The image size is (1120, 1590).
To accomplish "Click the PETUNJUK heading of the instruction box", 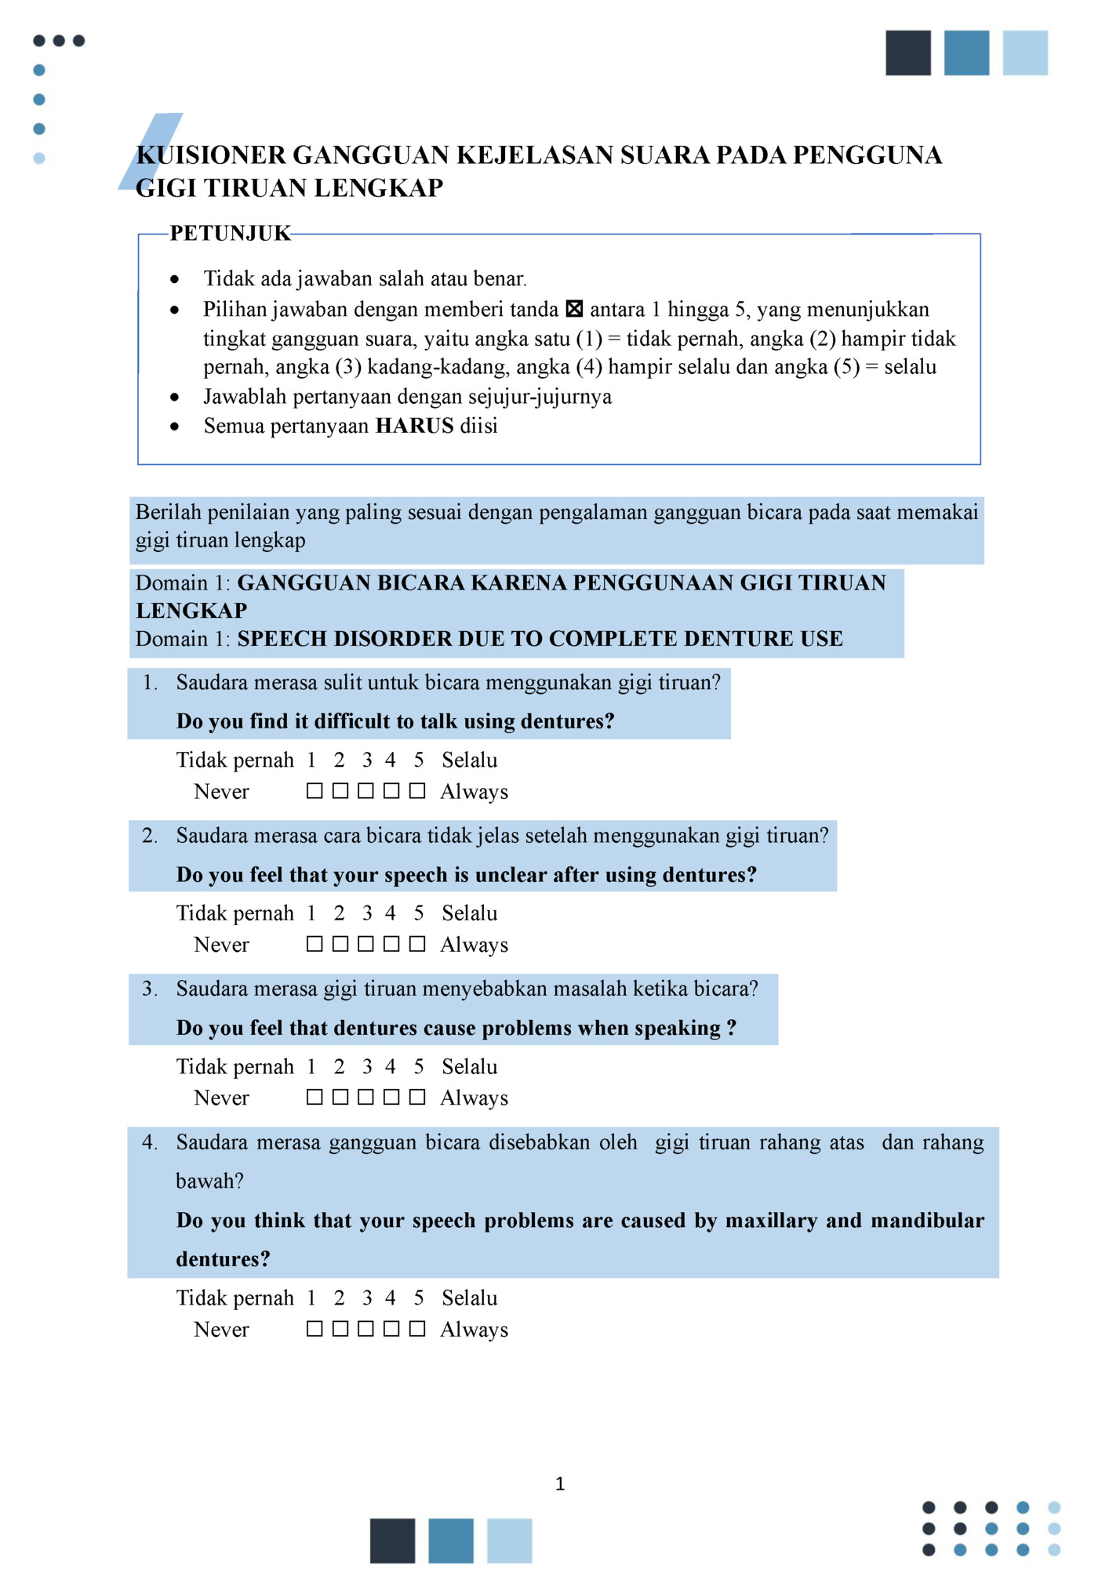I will pyautogui.click(x=230, y=233).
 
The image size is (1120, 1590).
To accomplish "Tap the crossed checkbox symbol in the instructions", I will pyautogui.click(x=574, y=309).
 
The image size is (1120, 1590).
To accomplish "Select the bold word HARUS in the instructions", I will pyautogui.click(x=414, y=426).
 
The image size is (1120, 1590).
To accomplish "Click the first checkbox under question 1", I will pyautogui.click(x=315, y=791).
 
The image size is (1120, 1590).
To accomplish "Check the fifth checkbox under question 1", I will pyautogui.click(x=417, y=791).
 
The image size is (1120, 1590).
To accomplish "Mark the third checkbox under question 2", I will pyautogui.click(x=365, y=944).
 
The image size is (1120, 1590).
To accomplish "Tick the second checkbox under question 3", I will pyautogui.click(x=340, y=1097).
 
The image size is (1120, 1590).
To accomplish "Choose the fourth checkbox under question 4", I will pyautogui.click(x=391, y=1328).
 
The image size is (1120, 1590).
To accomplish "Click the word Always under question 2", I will pyautogui.click(x=474, y=945).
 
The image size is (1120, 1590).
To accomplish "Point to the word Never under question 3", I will pyautogui.click(x=221, y=1098).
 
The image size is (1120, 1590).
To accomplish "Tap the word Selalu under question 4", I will pyautogui.click(x=469, y=1298).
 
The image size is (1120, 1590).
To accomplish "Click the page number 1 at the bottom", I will pyautogui.click(x=560, y=1483).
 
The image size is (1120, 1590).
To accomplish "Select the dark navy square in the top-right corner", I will pyautogui.click(x=908, y=53).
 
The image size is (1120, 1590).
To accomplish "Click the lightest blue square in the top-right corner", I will pyautogui.click(x=1025, y=53).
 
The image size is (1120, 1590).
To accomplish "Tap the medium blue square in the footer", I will pyautogui.click(x=451, y=1541).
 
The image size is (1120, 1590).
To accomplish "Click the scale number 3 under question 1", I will pyautogui.click(x=366, y=760).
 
